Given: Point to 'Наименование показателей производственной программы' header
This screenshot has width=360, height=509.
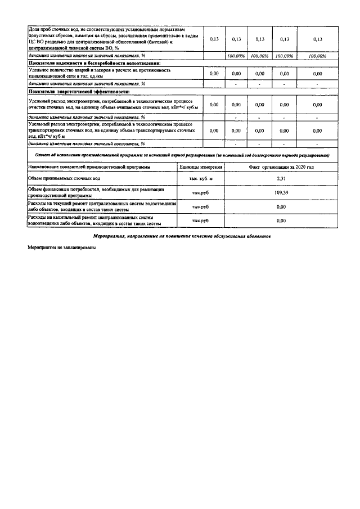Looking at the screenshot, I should pos(89,167).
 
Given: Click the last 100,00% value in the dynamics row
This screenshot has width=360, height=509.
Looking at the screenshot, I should pos(317,56).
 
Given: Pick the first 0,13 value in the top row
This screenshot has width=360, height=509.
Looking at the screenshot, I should pos(214,39).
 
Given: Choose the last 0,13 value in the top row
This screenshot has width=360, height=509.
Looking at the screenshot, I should pos(317,39).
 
